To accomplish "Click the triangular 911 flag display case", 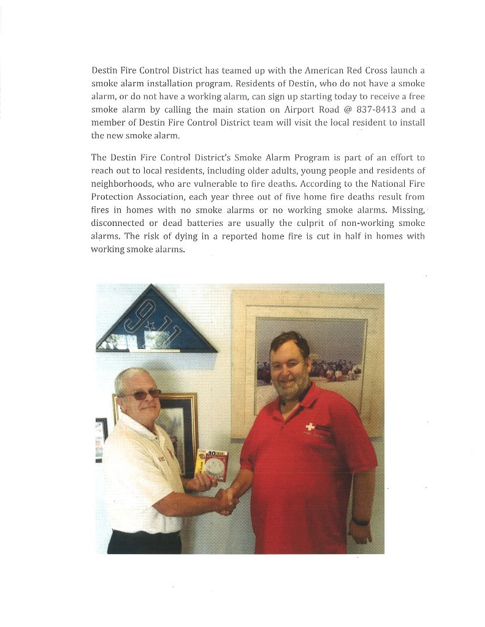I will click(156, 323).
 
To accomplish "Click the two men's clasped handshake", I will click(226, 499).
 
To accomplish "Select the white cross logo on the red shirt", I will click(310, 427).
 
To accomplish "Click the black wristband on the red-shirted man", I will click(360, 522).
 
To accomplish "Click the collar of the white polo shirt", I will click(132, 423).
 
